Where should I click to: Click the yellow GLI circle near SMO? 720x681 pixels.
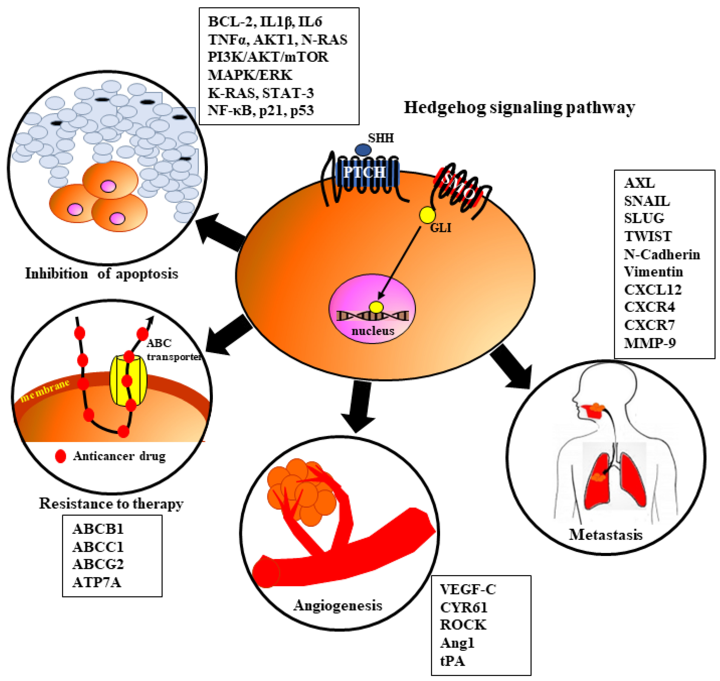(427, 215)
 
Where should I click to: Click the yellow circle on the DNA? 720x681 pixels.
(376, 307)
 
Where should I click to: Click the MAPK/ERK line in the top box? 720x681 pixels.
(250, 75)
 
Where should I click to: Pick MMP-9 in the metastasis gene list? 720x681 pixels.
(650, 343)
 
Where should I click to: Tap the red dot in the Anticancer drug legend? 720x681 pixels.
(61, 456)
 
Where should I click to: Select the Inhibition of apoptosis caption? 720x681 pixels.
(101, 273)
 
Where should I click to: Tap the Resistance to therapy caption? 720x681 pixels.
(111, 503)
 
